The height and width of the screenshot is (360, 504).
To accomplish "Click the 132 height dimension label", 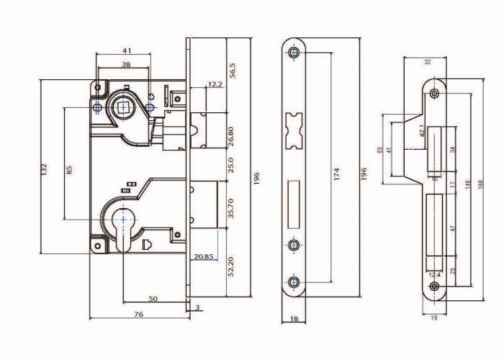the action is click(44, 169).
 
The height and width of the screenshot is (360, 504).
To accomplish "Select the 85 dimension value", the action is click(69, 170).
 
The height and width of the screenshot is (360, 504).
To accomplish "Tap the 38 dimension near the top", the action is click(126, 64).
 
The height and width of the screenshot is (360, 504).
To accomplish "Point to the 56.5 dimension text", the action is click(233, 70).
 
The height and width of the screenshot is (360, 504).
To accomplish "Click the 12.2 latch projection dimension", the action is click(215, 84).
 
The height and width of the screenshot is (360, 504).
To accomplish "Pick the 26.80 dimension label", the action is click(231, 137).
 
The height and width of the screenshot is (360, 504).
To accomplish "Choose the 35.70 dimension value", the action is click(231, 208).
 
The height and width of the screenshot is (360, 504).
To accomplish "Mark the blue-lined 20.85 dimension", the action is click(204, 256).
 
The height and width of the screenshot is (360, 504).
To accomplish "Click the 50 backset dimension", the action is click(153, 298).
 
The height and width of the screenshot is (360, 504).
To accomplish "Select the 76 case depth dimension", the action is click(138, 314).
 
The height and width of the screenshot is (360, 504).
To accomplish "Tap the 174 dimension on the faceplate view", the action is click(336, 174).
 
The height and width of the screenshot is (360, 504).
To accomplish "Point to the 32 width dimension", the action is click(428, 62).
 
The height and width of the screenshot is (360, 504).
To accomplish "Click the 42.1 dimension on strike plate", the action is click(423, 131).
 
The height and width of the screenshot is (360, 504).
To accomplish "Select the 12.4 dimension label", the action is click(434, 275).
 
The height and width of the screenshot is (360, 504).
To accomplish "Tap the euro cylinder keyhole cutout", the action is click(122, 230).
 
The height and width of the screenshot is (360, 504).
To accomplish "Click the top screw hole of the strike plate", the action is click(435, 94).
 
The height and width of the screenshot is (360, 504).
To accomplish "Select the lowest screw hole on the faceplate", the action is click(293, 282).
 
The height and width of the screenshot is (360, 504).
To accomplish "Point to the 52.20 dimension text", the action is click(231, 266).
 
